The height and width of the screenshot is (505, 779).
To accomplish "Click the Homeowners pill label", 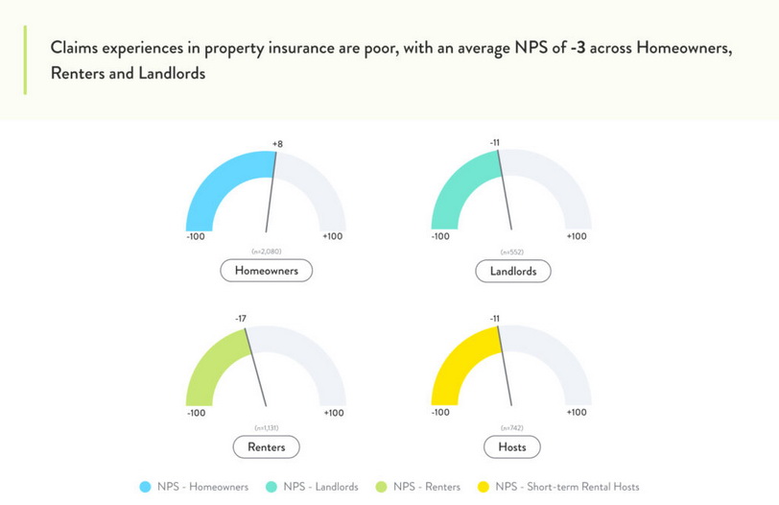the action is click(267, 271).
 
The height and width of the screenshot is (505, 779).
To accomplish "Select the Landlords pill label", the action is click(513, 271).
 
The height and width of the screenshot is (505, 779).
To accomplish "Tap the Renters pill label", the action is click(267, 446).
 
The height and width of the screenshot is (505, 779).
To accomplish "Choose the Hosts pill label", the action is click(511, 446).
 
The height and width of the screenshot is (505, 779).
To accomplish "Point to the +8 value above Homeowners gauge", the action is click(277, 144).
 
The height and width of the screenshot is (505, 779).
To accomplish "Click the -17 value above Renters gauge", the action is click(241, 319).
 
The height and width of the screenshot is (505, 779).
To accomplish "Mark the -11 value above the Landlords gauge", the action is click(494, 143).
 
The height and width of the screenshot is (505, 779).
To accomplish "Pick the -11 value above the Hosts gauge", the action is click(494, 319).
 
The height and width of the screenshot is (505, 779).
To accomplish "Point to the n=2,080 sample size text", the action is click(267, 252).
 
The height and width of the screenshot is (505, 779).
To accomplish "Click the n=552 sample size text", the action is click(511, 252).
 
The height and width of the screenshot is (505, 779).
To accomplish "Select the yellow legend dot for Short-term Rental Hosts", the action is click(483, 487).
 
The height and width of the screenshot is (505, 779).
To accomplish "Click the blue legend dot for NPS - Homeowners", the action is click(145, 487).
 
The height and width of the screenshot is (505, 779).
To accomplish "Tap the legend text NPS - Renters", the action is click(427, 487).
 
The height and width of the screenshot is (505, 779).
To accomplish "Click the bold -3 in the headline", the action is click(578, 48).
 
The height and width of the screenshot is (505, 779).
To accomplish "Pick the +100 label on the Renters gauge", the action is click(334, 413).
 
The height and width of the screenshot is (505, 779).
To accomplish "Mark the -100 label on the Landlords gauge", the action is click(440, 236).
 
